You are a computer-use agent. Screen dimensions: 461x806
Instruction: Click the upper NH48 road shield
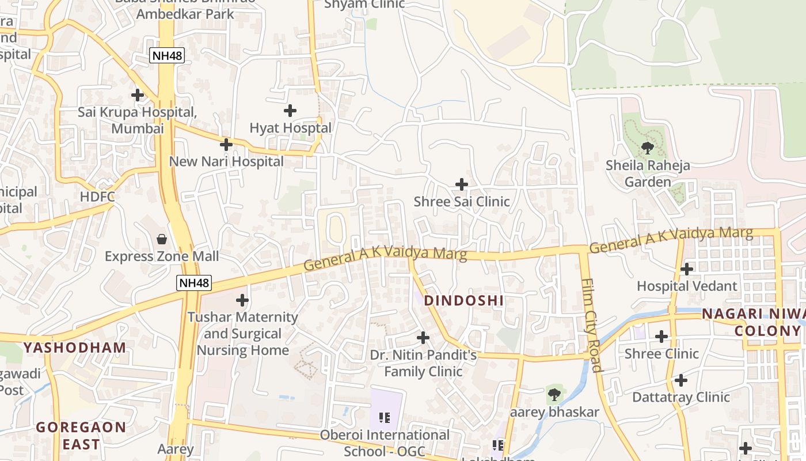pos(162,55)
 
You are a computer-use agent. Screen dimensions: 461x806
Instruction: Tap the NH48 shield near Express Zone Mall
pos(194,283)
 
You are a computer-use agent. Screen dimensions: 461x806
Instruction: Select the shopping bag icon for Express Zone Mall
pos(162,239)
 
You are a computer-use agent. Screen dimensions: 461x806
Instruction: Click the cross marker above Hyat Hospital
pos(290,110)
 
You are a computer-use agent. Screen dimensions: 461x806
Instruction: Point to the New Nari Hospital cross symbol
pos(226,144)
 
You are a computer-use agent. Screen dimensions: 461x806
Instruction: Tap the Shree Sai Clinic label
pos(462,202)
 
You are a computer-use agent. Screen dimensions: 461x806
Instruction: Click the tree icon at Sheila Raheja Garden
pos(648,148)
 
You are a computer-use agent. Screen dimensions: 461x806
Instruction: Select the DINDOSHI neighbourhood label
pos(464,300)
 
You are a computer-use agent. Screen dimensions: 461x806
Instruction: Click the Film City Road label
pos(592,326)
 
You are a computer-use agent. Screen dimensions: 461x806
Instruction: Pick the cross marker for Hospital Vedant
pos(686,269)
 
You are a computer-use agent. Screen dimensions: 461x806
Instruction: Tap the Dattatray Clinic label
pos(681,397)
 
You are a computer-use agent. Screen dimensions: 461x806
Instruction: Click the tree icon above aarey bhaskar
pos(554,395)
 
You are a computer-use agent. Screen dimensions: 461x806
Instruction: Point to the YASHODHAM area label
pos(75,347)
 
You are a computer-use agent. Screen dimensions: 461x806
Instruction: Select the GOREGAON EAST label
pos(81,436)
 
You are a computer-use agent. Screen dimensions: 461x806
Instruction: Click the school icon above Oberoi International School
pos(385,417)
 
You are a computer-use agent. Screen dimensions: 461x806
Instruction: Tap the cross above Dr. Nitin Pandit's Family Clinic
pos(423,338)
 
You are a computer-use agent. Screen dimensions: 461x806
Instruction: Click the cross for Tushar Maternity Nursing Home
pos(242,300)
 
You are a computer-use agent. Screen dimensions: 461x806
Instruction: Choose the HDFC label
pos(97,197)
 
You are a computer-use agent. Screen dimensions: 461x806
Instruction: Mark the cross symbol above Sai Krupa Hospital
pos(137,95)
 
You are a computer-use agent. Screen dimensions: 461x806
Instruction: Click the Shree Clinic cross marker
pos(661,336)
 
